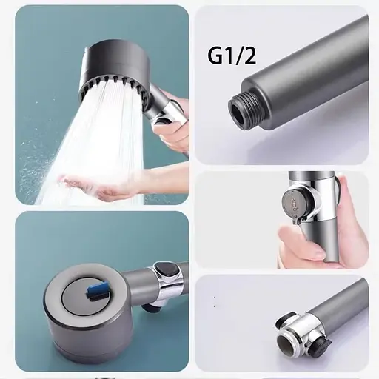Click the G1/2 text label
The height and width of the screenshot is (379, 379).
coord(232,57)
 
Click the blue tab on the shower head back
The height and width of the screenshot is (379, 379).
coord(97,289)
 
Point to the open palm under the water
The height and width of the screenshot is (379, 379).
coord(98,187)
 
